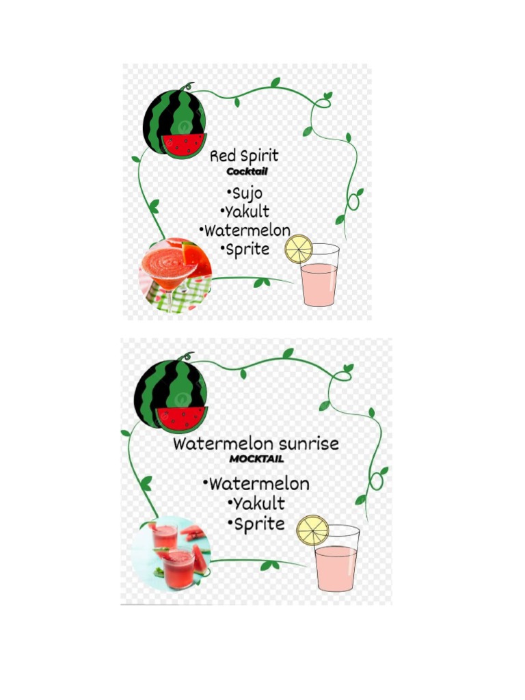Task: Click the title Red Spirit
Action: click(x=244, y=157)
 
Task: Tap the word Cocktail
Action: click(x=247, y=172)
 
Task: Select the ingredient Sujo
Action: click(x=245, y=192)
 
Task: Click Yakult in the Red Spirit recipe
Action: click(x=245, y=211)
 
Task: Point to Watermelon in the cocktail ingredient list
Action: click(x=245, y=230)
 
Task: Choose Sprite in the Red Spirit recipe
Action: click(x=246, y=249)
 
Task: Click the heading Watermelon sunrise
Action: click(x=256, y=444)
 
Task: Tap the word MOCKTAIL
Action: click(x=256, y=459)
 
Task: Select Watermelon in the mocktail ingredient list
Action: click(x=256, y=484)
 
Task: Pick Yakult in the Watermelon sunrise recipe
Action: click(x=256, y=504)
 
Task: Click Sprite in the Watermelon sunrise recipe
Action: click(x=256, y=524)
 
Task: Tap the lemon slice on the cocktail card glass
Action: click(x=298, y=249)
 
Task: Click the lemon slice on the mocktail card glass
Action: click(x=312, y=530)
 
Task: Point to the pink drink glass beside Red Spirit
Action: click(x=319, y=280)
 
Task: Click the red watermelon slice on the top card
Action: click(x=184, y=144)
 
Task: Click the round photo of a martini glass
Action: click(x=175, y=274)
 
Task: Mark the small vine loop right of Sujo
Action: click(x=353, y=202)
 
